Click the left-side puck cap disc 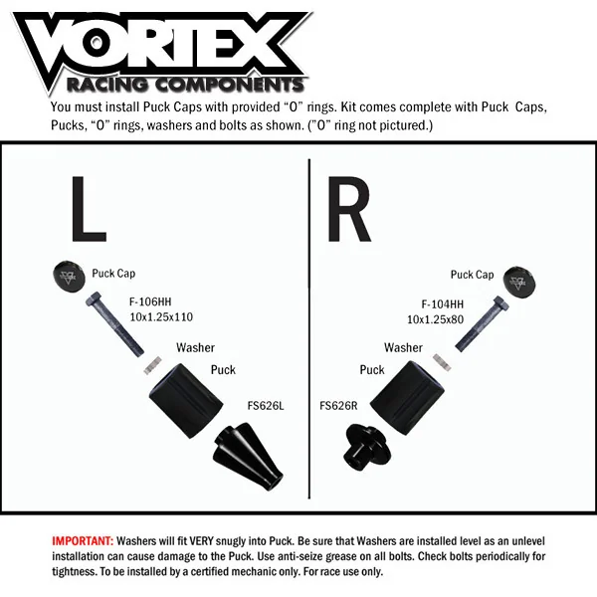(x=65, y=278)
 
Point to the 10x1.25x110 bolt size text (x=160, y=317)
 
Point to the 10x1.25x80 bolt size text (x=435, y=319)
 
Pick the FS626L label (x=266, y=405)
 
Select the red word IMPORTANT (x=83, y=540)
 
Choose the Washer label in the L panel (x=195, y=348)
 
